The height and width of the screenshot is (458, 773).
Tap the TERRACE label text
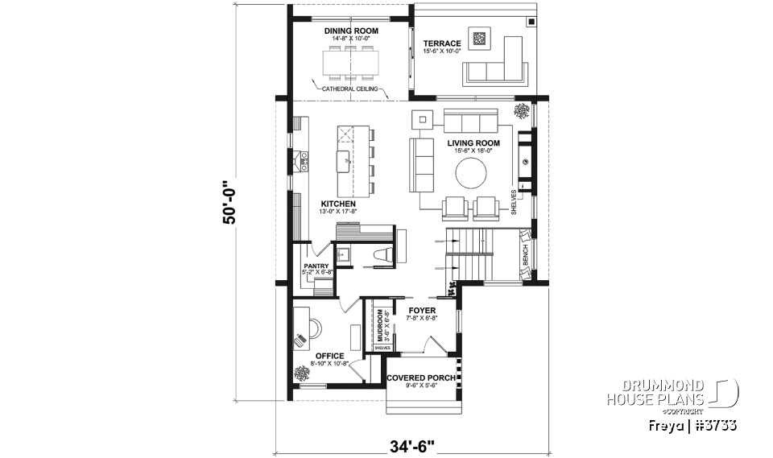[x=442, y=43]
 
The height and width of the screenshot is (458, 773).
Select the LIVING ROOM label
[x=473, y=143]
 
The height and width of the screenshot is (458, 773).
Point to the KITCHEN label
[x=338, y=204]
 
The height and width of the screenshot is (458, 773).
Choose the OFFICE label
[x=330, y=356]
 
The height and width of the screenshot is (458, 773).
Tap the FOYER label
[x=422, y=310]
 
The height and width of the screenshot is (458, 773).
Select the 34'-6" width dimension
[x=413, y=444]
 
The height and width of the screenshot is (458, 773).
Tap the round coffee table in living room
[x=471, y=171]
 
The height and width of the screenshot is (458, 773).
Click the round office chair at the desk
[x=312, y=328]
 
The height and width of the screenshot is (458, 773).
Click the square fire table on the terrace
[x=479, y=37]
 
